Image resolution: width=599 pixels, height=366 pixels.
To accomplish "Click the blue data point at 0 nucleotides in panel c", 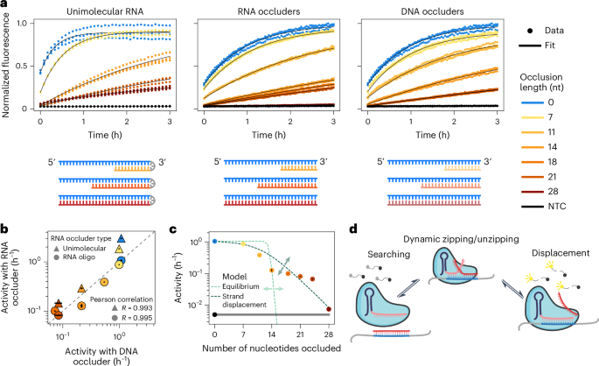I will [x=214, y=241].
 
